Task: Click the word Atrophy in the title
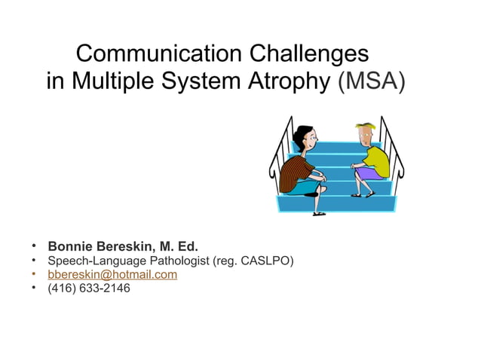pyautogui.click(x=290, y=81)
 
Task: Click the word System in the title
pyautogui.click(x=204, y=81)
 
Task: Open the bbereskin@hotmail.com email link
pyautogui.click(x=112, y=274)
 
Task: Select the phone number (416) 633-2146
pyautogui.click(x=88, y=288)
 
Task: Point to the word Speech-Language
pyautogui.click(x=94, y=261)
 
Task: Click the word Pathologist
pyautogui.click(x=176, y=261)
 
